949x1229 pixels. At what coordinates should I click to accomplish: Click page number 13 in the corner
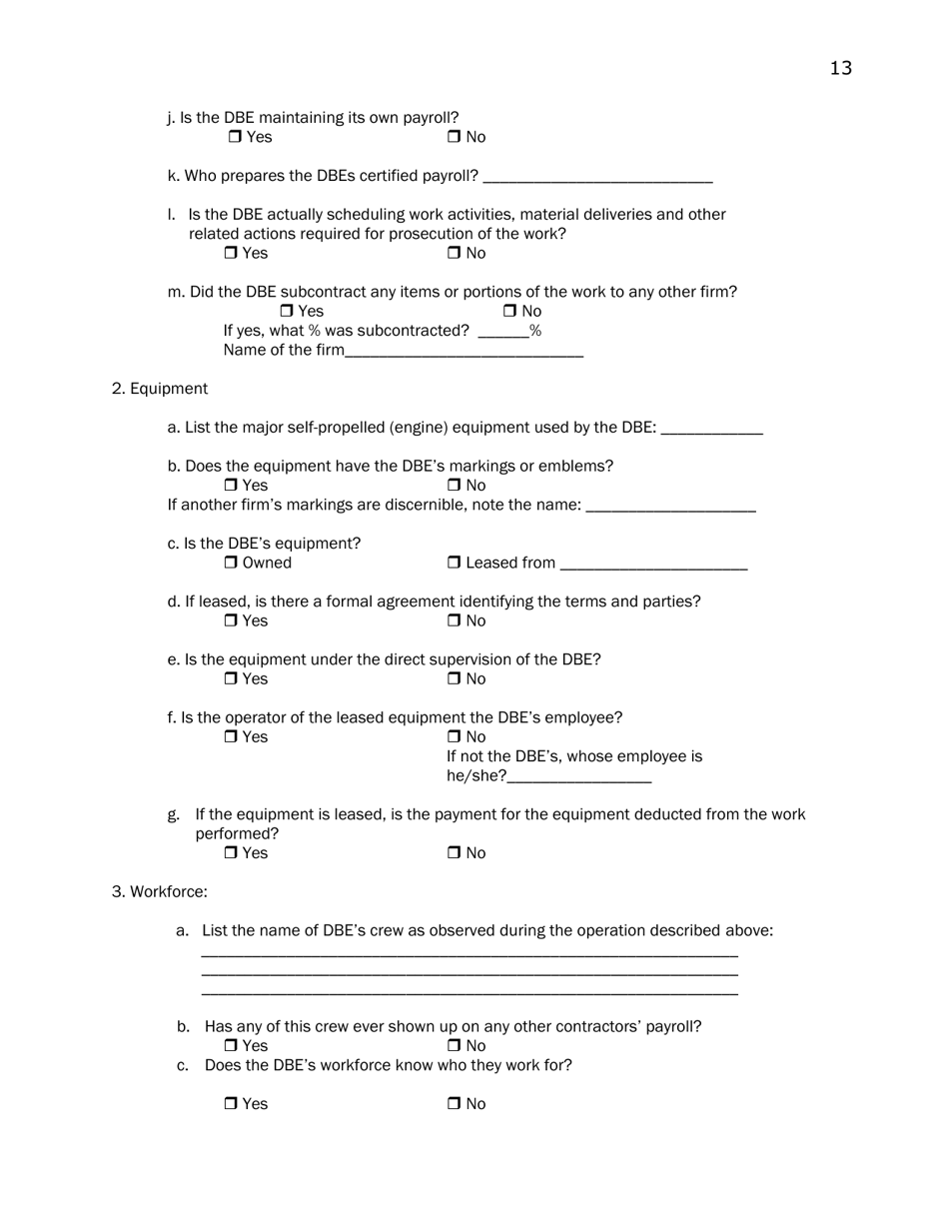point(840,68)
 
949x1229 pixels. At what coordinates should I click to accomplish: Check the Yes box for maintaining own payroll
point(235,137)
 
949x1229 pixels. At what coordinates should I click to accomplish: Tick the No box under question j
point(454,137)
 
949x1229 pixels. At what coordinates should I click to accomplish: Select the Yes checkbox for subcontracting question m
point(287,312)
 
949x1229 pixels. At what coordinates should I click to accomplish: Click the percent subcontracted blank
point(503,332)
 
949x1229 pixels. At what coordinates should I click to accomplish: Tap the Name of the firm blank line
point(464,352)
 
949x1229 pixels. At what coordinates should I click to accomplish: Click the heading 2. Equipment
point(160,389)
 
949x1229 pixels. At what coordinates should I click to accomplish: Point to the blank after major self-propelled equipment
point(712,429)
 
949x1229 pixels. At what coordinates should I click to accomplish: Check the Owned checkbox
point(231,564)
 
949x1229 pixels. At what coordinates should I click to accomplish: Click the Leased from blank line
point(654,565)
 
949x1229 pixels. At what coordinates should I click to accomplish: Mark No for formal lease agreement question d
point(454,621)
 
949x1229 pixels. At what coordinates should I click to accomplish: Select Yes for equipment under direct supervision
point(231,679)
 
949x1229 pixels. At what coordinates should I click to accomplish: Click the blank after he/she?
point(579,777)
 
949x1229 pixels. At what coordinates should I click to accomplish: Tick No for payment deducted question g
point(454,853)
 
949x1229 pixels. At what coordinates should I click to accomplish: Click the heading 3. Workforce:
point(160,891)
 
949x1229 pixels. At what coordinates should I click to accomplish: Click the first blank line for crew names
point(470,953)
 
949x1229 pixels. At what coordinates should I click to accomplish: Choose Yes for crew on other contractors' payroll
point(231,1046)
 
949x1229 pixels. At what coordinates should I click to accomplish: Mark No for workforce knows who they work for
point(454,1104)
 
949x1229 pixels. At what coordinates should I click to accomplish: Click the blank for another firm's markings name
point(670,507)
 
